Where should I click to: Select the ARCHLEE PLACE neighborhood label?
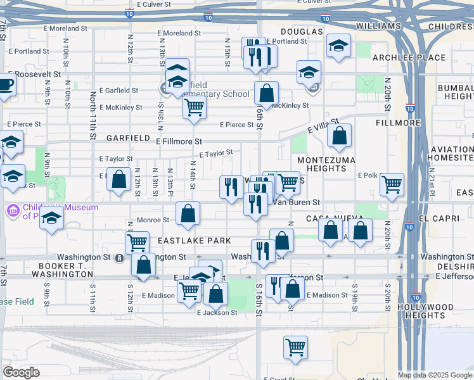click(400, 58)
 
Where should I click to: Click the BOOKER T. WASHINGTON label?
click(65, 270)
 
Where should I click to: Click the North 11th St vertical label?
click(93, 115)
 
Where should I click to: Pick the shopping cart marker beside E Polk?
click(392, 184)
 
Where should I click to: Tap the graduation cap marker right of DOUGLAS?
click(338, 46)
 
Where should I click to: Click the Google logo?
click(21, 372)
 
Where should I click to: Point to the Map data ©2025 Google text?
click(435, 375)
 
